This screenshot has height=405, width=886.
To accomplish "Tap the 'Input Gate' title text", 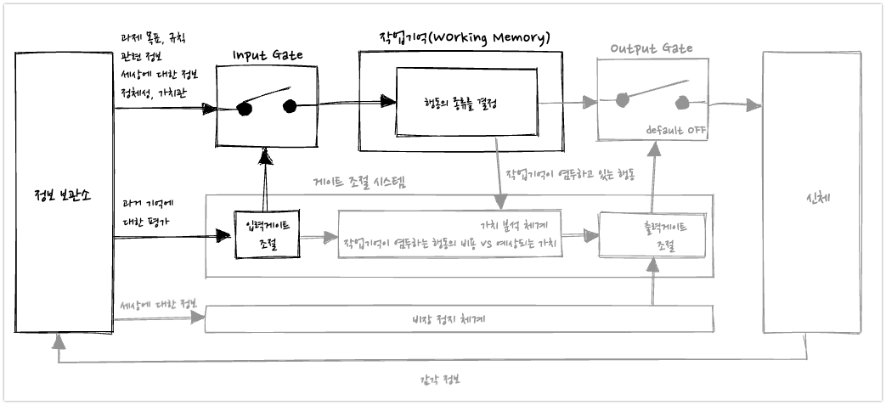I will click(267, 55).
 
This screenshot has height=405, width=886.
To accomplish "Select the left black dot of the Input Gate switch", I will click(245, 108).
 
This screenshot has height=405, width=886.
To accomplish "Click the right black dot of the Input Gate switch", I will click(289, 106).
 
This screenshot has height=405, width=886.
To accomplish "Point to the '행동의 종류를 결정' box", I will click(466, 102).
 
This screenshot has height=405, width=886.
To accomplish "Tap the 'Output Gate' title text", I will click(652, 48).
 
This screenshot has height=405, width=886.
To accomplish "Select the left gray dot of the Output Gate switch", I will click(623, 100).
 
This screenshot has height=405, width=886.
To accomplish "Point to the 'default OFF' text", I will click(676, 131).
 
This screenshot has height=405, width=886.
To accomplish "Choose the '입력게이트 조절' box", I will click(267, 232).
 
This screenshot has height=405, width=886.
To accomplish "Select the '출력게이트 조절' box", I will click(652, 235).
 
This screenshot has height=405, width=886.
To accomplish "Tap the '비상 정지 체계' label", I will click(459, 319).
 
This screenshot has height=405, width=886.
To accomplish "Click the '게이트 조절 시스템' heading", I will click(360, 181).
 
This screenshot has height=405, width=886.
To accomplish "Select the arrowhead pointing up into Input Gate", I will click(268, 155).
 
